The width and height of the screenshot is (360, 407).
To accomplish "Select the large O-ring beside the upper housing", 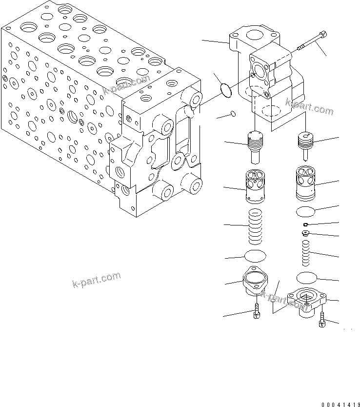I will click(225, 89).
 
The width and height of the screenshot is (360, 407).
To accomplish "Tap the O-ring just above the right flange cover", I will click(306, 278).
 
